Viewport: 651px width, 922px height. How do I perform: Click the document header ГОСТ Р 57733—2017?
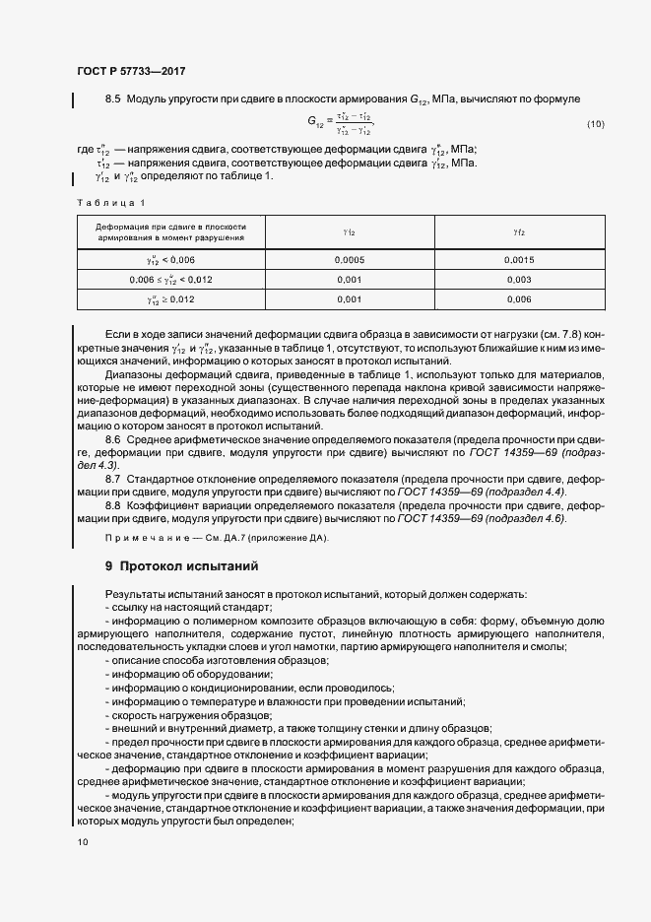click(x=130, y=72)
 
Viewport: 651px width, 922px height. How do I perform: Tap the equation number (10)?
click(x=596, y=124)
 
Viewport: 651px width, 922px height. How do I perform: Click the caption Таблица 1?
click(x=110, y=203)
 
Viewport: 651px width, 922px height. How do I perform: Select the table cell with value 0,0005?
click(x=349, y=260)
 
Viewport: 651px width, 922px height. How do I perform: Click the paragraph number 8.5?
click(x=112, y=99)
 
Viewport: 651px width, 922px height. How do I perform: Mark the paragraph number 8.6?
click(x=112, y=437)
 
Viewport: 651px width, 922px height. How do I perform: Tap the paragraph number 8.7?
click(x=112, y=477)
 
